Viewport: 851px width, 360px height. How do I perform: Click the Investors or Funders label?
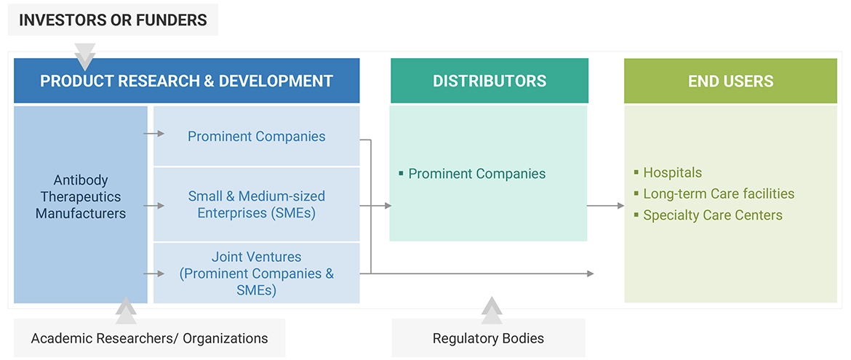[113, 20]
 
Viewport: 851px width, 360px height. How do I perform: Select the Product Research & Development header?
[186, 81]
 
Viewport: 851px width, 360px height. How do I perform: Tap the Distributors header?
[489, 81]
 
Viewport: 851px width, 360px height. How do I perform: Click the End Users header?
[730, 81]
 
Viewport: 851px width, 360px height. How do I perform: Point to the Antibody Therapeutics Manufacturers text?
[81, 196]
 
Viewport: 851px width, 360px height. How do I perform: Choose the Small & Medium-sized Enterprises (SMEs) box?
[256, 204]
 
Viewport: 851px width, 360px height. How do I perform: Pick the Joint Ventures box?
[256, 273]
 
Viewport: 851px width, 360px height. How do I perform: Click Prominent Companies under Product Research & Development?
[256, 136]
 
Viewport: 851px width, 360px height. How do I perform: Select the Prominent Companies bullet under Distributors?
[476, 174]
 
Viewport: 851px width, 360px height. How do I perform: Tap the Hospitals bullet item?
[672, 173]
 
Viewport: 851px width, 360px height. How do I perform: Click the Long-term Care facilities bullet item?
[718, 194]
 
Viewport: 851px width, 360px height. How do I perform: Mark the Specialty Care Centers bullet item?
[712, 215]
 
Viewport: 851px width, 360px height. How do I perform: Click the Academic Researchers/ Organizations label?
[149, 338]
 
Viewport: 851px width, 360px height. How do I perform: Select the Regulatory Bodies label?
[488, 338]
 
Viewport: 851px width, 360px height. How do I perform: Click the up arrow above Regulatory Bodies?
[492, 309]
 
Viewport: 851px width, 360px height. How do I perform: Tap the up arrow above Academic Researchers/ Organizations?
[126, 309]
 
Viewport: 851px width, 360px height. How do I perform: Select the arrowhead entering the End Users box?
[619, 206]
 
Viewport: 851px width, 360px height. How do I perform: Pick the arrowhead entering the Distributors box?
[387, 206]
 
